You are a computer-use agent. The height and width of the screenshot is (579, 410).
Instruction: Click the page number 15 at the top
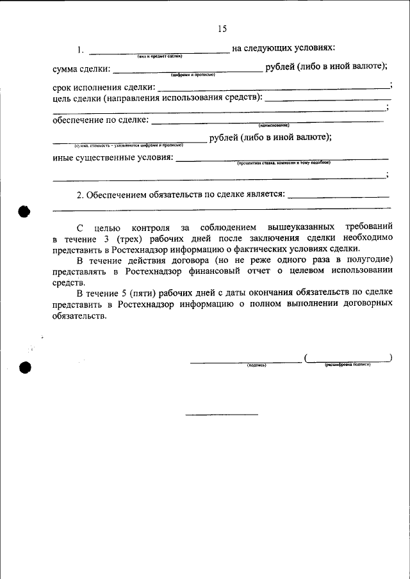[x=222, y=29]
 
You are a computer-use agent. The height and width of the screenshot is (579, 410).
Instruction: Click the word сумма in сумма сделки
[x=67, y=68]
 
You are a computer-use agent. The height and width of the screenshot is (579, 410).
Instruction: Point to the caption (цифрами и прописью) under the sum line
[x=193, y=75]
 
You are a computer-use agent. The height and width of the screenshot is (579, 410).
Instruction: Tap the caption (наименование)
[x=274, y=125]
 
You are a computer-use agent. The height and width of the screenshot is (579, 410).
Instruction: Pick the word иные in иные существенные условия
[x=64, y=158]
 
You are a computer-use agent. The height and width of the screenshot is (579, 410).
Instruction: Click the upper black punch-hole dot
[x=25, y=212]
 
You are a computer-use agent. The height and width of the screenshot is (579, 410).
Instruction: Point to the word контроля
[x=151, y=226]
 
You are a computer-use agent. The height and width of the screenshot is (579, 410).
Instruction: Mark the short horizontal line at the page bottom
[x=222, y=415]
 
